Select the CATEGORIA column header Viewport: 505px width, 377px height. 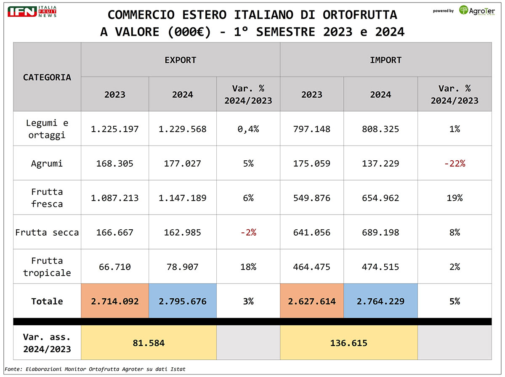47,77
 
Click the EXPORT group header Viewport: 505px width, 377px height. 181,60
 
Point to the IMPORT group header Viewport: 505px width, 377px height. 385,60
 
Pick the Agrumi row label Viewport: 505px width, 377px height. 47,163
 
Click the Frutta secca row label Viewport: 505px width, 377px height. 47,232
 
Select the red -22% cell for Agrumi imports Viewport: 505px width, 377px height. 454,163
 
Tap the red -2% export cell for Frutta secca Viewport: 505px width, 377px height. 248,232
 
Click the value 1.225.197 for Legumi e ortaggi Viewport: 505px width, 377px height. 115,129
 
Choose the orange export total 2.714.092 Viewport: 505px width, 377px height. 115,301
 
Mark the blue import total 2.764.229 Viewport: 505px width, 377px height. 380,301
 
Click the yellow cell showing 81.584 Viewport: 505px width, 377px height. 149,343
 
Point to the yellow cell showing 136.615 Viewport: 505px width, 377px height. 349,343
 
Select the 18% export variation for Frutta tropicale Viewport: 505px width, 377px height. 248,267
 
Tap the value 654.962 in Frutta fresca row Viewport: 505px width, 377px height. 380,198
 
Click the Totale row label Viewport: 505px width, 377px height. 47,301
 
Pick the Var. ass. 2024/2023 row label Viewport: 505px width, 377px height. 47,343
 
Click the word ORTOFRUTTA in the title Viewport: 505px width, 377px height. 360,15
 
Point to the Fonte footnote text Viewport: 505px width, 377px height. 95,369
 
